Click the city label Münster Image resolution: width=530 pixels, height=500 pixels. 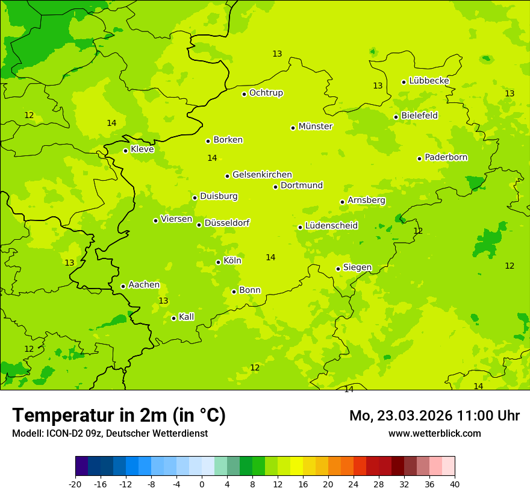point(315,127)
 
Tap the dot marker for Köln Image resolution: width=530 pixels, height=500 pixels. point(218,262)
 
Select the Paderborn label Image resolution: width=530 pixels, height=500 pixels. point(446,157)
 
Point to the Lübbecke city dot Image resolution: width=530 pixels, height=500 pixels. point(404,82)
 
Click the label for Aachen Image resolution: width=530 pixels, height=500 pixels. point(144,285)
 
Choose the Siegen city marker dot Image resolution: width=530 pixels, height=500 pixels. point(338,269)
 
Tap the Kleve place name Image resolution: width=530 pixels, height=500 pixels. point(142,149)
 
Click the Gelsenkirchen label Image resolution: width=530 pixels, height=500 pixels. point(262,175)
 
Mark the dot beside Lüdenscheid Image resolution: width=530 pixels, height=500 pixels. point(300,227)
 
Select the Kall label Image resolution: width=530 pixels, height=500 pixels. point(186,317)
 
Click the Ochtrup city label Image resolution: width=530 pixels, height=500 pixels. point(266,93)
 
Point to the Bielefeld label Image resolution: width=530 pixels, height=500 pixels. point(419,115)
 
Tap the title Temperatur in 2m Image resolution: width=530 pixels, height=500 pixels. point(119,415)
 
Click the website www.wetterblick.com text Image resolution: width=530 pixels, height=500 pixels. point(434,433)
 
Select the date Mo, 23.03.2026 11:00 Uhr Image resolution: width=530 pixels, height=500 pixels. point(434,416)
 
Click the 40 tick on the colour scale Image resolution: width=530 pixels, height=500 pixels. point(454,484)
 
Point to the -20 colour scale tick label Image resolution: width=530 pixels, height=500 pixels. point(75,484)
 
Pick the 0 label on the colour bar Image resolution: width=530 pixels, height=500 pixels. point(202,484)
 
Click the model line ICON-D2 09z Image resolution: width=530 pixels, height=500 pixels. point(110,433)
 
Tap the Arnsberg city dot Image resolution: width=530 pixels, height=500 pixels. point(342,202)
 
